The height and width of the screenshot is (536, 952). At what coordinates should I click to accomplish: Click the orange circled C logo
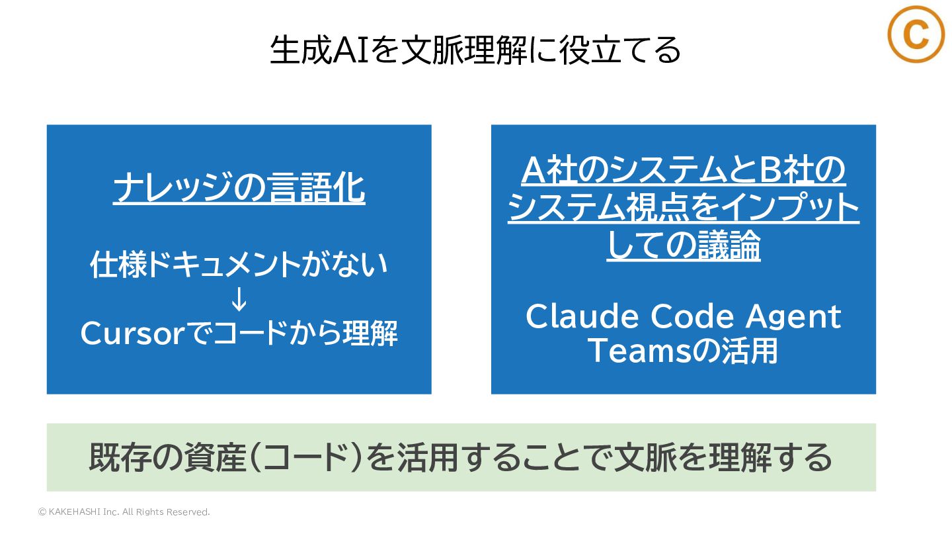916,35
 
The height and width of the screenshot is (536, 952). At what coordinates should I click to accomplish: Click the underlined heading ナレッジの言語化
239,189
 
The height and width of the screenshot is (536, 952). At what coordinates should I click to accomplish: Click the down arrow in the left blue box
239,300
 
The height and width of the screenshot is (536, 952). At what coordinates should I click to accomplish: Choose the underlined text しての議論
683,246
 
